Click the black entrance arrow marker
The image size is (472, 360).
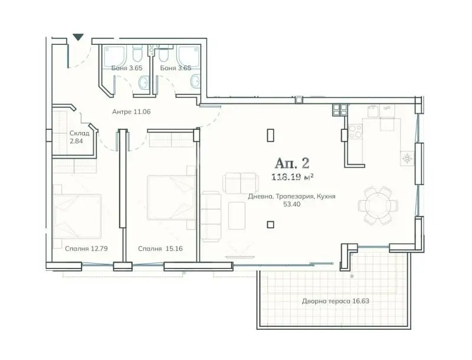pyautogui.click(x=78, y=37)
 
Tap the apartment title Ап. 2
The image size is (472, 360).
pyautogui.click(x=291, y=163)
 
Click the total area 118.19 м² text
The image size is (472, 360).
pyautogui.click(x=292, y=177)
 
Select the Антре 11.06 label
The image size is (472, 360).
pyautogui.click(x=131, y=112)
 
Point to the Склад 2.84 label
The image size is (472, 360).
pyautogui.click(x=79, y=137)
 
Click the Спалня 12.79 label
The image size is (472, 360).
pyautogui.click(x=86, y=248)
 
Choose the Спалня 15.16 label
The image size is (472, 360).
pyautogui.click(x=160, y=248)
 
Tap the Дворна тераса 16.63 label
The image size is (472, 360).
pyautogui.click(x=335, y=301)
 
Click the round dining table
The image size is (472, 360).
pyautogui.click(x=378, y=205)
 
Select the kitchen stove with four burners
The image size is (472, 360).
pyautogui.click(x=355, y=132)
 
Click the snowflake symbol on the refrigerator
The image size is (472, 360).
pyautogui.click(x=407, y=158)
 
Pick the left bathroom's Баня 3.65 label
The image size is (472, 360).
pyautogui.click(x=127, y=68)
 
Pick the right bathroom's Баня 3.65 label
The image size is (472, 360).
pyautogui.click(x=175, y=68)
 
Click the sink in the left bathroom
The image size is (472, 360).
pyautogui.click(x=143, y=82)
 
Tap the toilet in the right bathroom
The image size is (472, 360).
pyautogui.click(x=163, y=55)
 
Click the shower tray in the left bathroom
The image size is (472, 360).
pyautogui.click(x=114, y=56)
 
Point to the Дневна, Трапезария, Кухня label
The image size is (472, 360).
pyautogui.click(x=291, y=197)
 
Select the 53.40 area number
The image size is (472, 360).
pyautogui.click(x=291, y=204)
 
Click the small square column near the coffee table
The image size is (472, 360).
pyautogui.click(x=271, y=224)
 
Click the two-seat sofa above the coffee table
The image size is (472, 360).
pyautogui.click(x=240, y=183)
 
